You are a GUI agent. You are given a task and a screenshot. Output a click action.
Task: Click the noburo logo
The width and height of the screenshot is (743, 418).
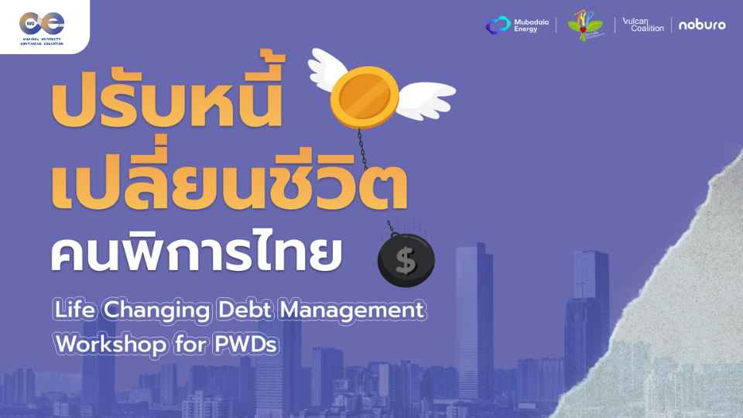coord(702,25)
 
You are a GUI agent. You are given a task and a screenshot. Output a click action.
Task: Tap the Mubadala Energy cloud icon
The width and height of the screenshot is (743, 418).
coord(497,26)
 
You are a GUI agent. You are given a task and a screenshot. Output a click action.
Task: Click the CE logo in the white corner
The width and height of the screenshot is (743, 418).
coord(43,22)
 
